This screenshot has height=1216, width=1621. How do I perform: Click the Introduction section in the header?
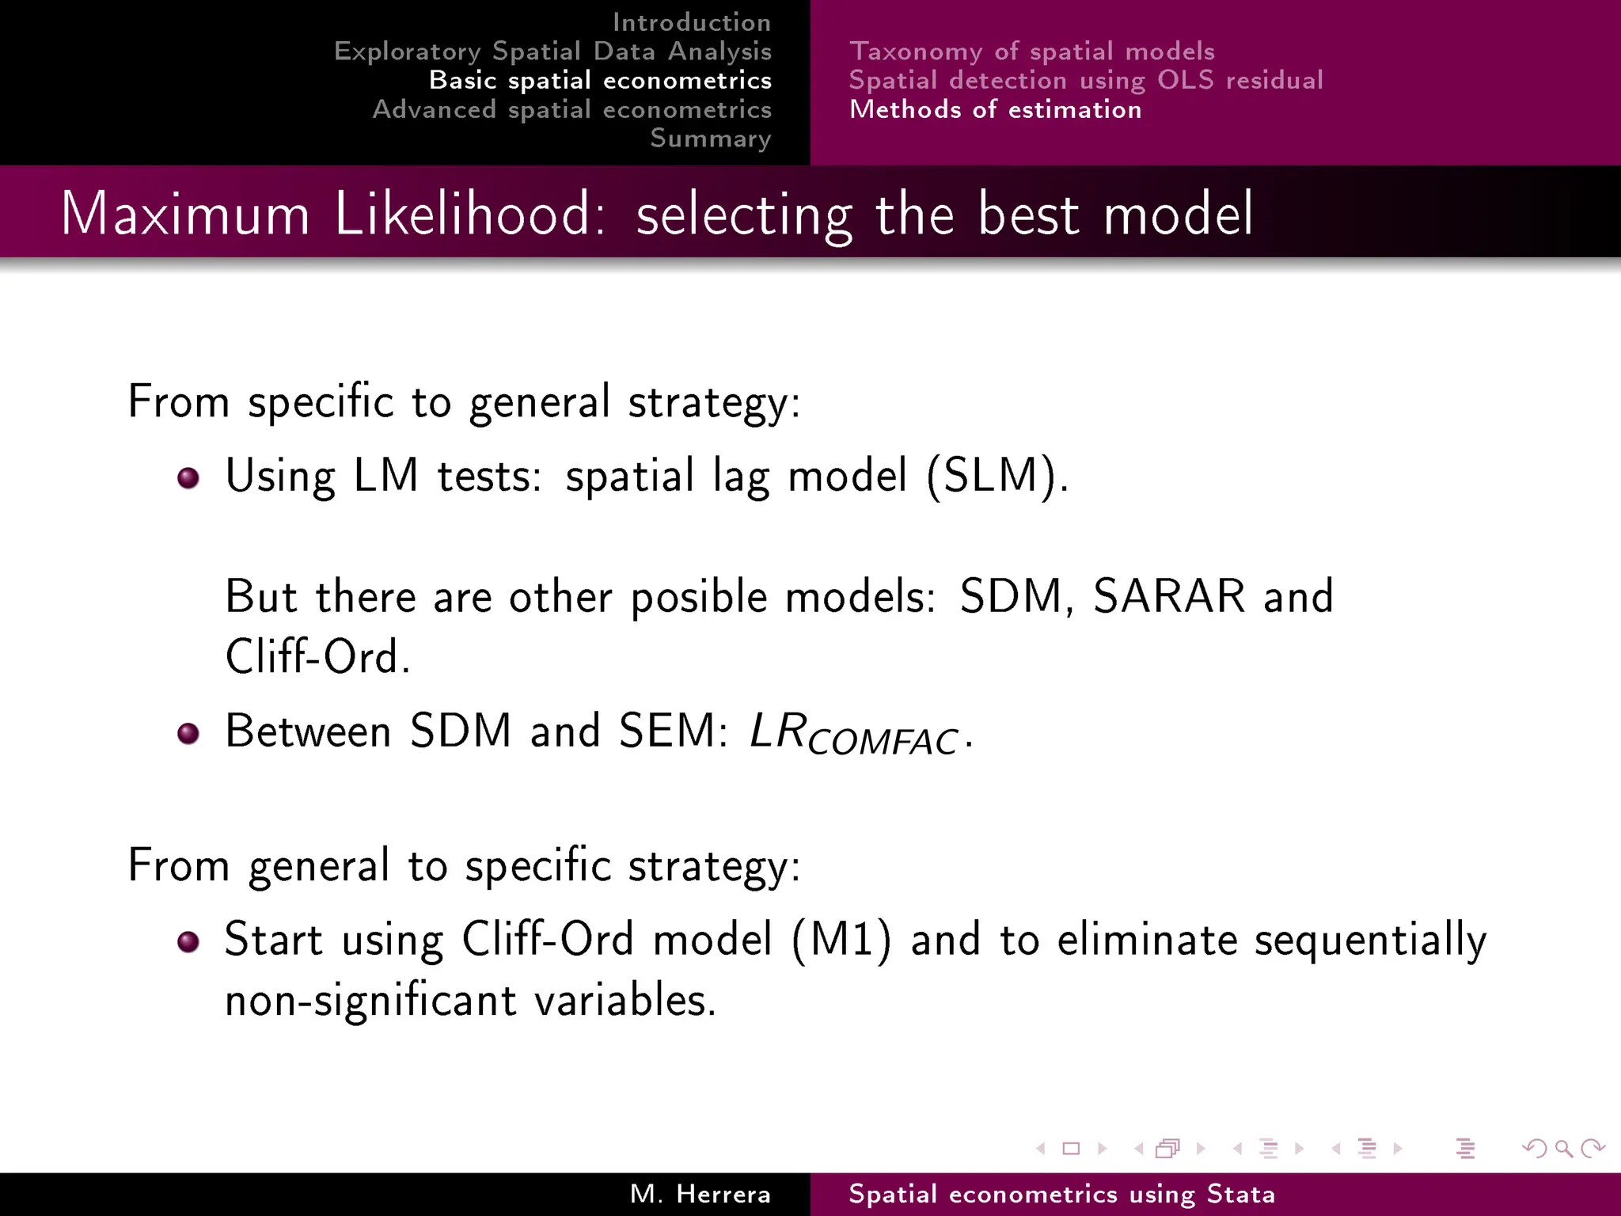click(691, 22)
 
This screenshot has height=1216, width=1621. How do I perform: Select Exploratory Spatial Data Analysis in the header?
click(552, 51)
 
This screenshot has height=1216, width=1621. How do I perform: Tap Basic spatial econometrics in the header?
click(600, 80)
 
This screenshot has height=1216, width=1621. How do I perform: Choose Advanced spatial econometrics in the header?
click(571, 109)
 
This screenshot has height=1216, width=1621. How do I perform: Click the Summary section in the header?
click(710, 139)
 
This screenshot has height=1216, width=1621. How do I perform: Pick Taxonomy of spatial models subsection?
click(1031, 51)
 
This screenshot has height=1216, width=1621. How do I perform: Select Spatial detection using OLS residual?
click(1085, 80)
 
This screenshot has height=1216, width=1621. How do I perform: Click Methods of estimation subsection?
click(995, 109)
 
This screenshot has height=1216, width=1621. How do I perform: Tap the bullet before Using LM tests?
click(188, 478)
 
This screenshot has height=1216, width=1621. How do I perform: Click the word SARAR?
click(1168, 596)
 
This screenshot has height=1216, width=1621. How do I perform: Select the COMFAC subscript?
click(883, 742)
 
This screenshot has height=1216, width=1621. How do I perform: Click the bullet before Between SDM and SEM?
click(188, 733)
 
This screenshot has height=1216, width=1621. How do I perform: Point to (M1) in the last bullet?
click(841, 940)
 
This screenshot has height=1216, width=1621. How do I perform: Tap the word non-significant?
click(370, 1000)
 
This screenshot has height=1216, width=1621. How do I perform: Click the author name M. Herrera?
click(700, 1194)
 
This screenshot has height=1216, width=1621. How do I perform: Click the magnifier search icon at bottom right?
click(1563, 1148)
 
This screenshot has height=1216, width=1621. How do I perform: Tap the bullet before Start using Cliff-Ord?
click(188, 941)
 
